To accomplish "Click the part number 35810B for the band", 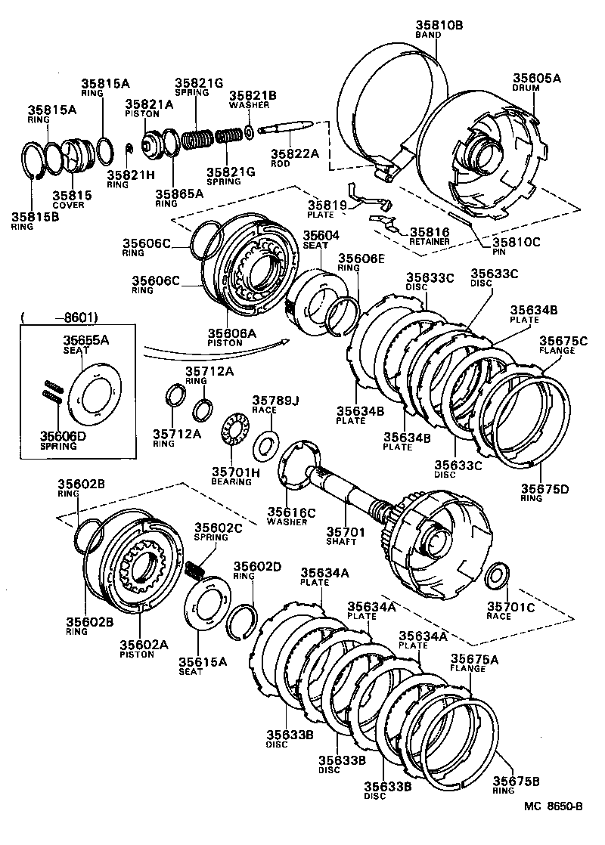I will (438, 25).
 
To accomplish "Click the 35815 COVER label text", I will (72, 200).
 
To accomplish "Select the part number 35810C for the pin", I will (517, 243).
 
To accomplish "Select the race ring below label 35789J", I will (265, 444).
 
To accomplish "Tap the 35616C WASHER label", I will (290, 517).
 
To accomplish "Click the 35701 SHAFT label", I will (347, 537).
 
